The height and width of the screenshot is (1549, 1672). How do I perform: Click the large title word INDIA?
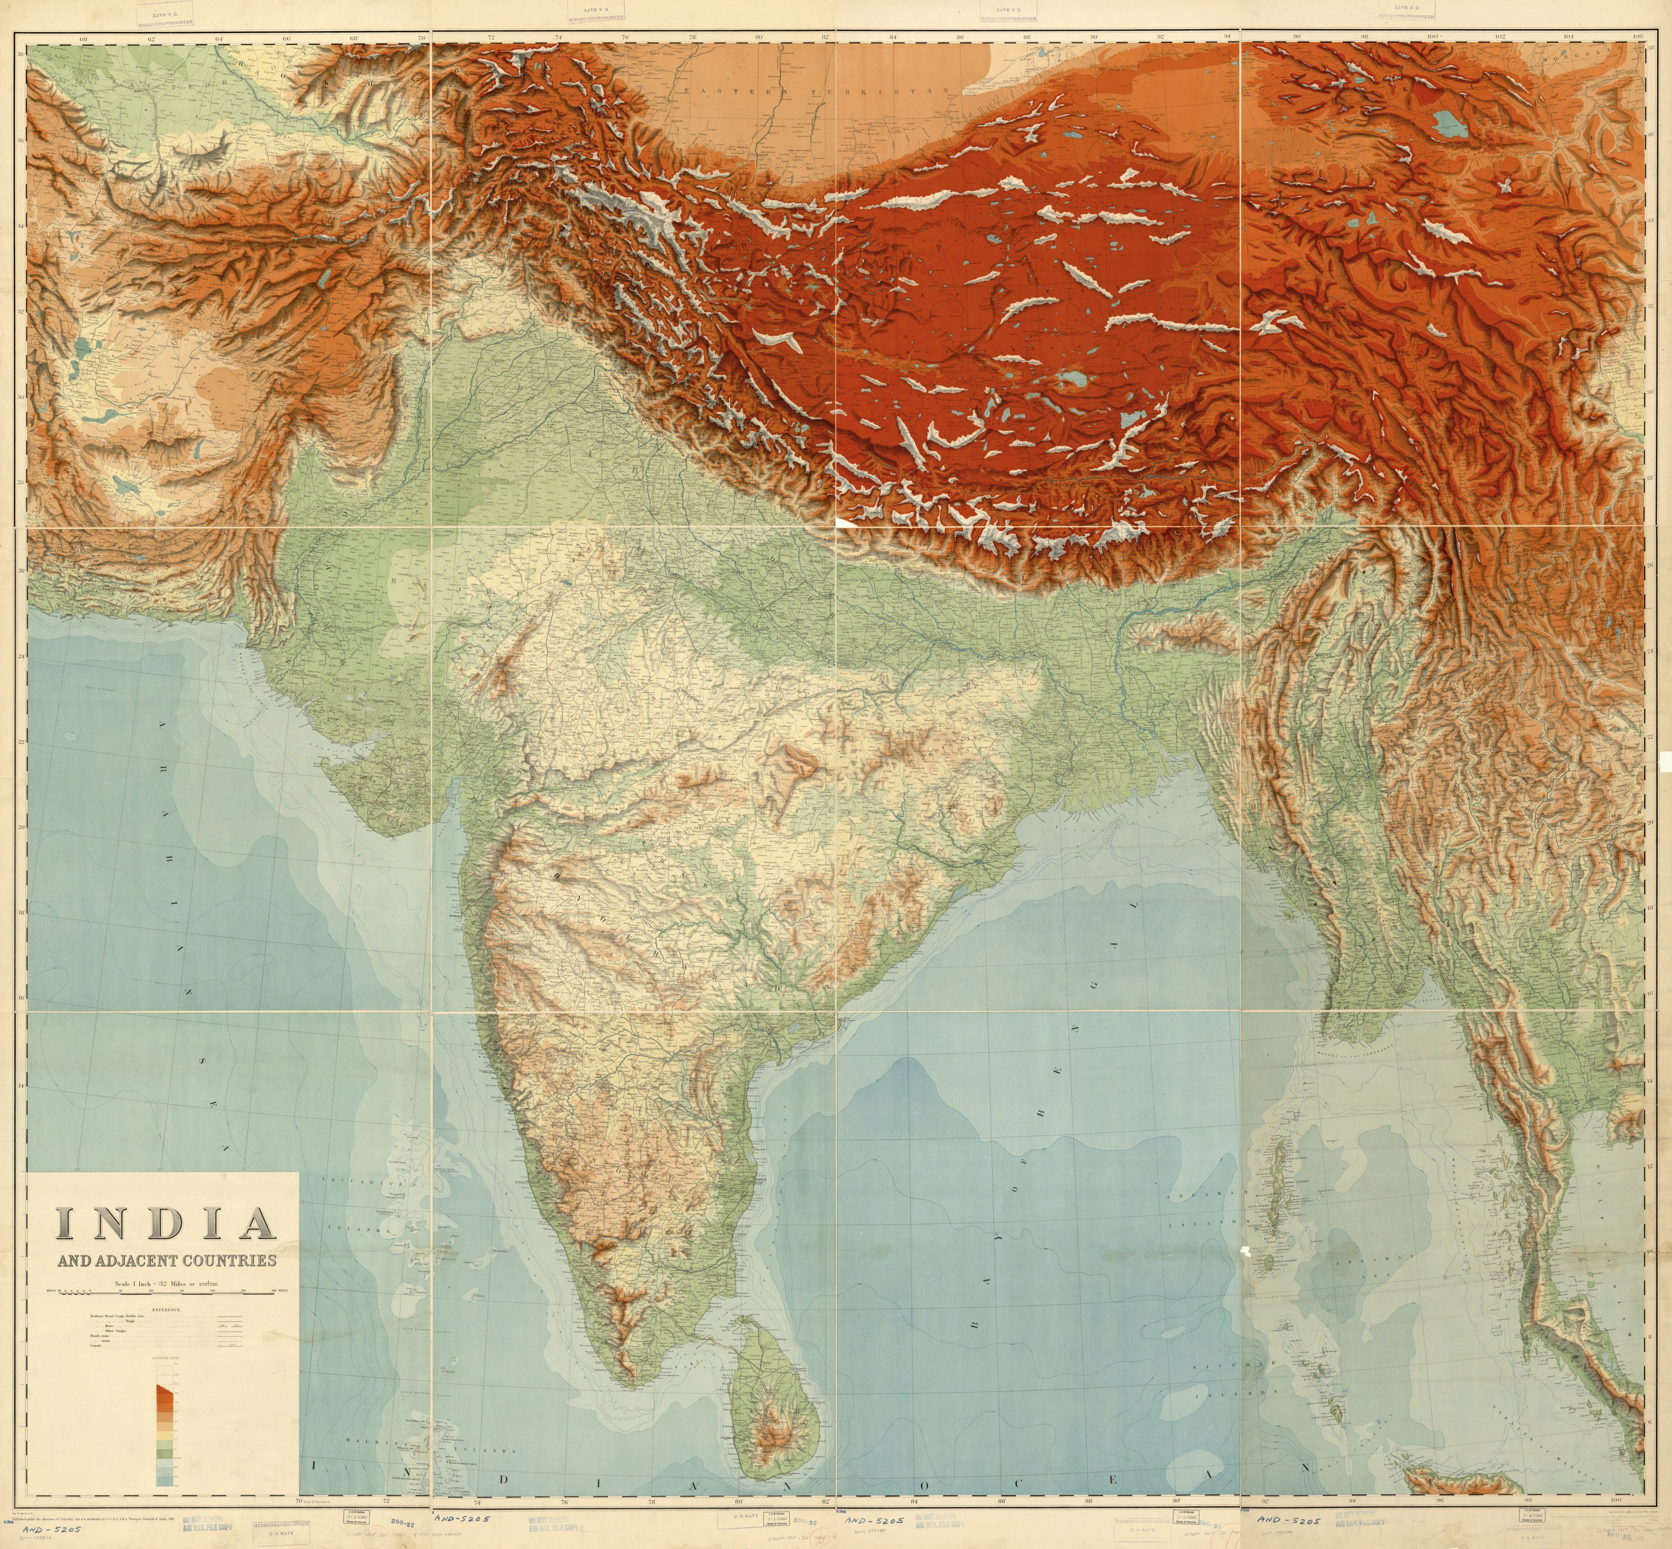[x=165, y=1224]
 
